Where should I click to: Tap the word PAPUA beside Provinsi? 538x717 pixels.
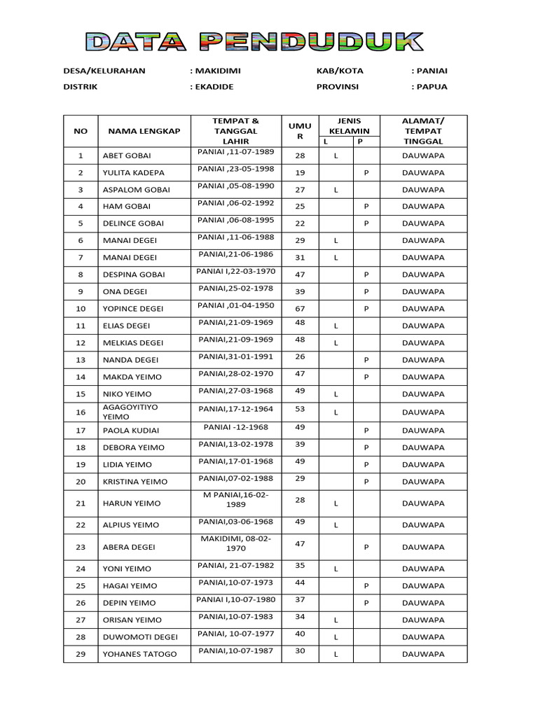[x=432, y=87]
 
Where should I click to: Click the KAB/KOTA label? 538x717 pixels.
[x=340, y=71]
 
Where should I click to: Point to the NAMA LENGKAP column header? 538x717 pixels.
[x=144, y=131]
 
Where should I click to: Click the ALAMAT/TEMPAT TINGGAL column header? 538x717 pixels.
[x=423, y=131]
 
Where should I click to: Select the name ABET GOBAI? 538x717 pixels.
[x=127, y=155]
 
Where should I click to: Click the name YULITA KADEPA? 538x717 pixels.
[x=134, y=172]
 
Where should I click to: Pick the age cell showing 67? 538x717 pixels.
[x=300, y=309]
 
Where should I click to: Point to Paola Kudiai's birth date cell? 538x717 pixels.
[x=235, y=427]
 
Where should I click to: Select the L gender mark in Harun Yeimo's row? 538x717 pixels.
[x=336, y=503]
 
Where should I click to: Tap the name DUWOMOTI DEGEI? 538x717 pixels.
[x=140, y=637]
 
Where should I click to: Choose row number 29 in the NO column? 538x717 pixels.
[x=81, y=654]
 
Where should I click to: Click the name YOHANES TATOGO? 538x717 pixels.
[x=139, y=655]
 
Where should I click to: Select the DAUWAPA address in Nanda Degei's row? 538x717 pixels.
[x=423, y=360]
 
